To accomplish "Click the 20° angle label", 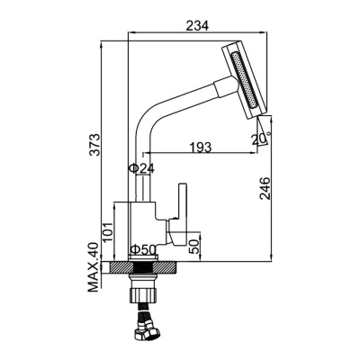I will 260,139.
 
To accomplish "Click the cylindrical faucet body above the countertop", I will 143,229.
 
